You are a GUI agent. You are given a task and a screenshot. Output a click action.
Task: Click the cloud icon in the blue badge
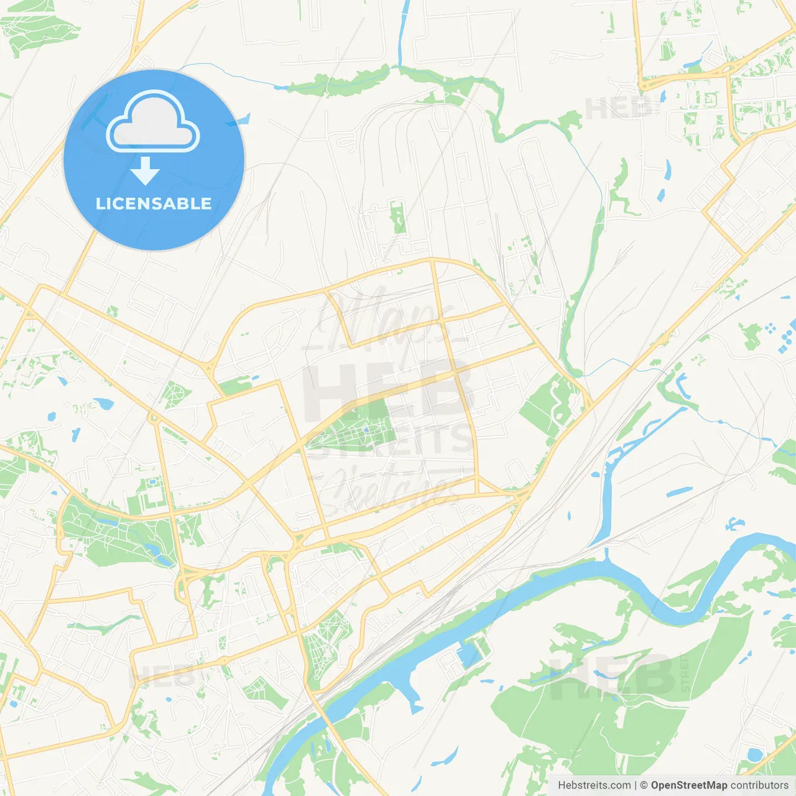[153, 122]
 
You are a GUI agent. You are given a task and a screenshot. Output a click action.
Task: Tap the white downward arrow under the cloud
[145, 171]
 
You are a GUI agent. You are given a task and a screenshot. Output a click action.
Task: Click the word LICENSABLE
[154, 203]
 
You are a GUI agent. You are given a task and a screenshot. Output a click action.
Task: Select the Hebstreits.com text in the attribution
[594, 785]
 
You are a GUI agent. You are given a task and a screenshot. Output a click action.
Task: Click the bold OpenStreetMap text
[688, 785]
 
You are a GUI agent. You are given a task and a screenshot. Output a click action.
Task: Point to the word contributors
[759, 785]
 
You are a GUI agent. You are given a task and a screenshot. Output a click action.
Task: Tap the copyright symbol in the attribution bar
[644, 785]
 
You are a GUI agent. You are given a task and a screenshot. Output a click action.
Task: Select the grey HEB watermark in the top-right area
[619, 109]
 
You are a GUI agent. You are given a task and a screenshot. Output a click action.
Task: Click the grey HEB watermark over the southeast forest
[613, 675]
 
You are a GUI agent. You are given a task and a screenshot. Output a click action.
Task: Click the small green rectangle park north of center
[398, 216]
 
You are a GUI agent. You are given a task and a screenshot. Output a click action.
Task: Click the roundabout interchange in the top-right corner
[728, 70]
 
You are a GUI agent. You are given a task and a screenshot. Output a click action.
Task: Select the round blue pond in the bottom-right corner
[754, 755]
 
